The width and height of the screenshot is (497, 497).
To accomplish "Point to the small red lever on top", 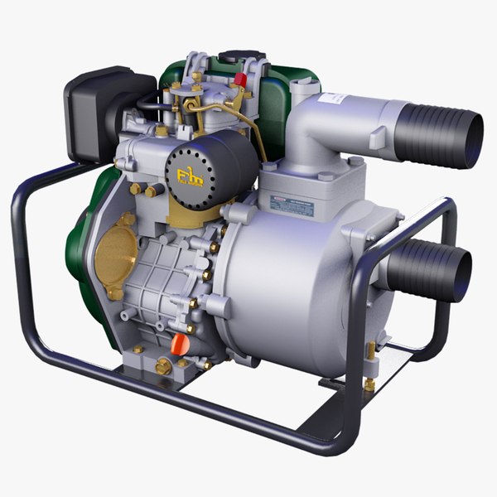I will pyautogui.click(x=240, y=80).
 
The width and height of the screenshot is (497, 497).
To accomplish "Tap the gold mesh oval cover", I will pyautogui.click(x=115, y=252).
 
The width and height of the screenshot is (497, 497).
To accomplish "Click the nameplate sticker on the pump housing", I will pyautogui.click(x=292, y=205).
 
